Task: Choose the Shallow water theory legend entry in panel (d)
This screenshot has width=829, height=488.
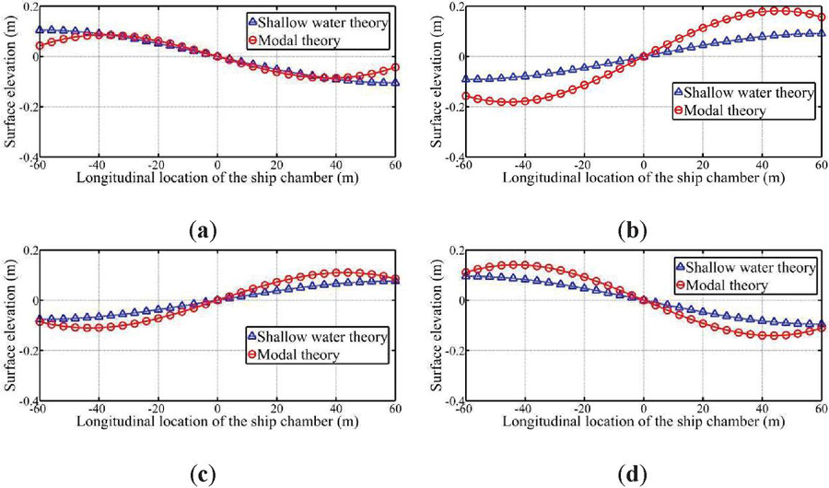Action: [x=747, y=267]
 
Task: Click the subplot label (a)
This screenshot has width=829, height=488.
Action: [x=202, y=228]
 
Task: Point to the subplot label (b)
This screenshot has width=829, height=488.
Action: [x=625, y=228]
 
